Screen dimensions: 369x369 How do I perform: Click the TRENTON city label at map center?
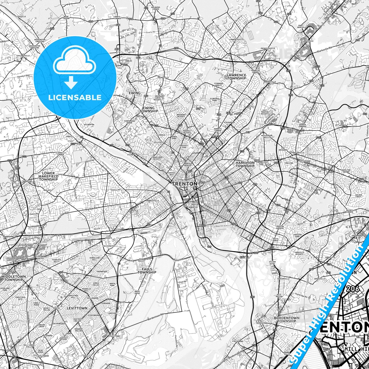tap(184, 184)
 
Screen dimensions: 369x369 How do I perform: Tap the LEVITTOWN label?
tap(77, 308)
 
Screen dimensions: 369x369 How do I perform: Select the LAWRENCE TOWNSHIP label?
tap(236, 77)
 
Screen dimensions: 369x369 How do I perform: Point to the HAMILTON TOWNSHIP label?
tap(245, 164)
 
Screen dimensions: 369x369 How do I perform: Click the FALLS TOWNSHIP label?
tap(147, 271)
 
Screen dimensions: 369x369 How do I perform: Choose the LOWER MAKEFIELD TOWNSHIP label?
tap(49, 176)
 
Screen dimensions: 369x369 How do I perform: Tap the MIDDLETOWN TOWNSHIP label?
tap(13, 278)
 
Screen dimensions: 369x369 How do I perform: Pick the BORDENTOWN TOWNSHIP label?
tap(287, 319)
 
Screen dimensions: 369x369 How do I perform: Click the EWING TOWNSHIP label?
tap(149, 110)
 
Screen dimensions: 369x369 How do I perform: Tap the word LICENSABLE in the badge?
tap(75, 98)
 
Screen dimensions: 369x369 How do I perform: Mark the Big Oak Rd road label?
tap(91, 209)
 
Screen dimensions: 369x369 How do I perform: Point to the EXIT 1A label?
tap(244, 257)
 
